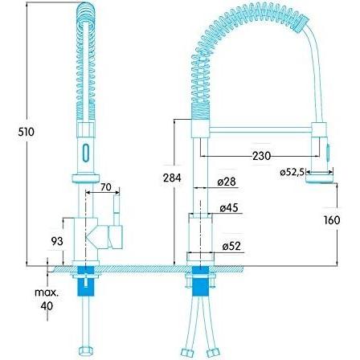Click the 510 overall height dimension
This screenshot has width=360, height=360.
pos(27,132)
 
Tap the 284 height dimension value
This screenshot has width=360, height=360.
pos(172,178)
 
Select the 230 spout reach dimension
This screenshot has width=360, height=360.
pos(261,156)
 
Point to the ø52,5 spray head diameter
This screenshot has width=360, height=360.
pos(292,172)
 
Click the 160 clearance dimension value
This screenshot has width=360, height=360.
pos(332,220)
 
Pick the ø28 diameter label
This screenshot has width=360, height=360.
pos(227,182)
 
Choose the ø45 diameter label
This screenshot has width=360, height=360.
pos(229,207)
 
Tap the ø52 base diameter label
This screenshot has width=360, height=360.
pos(231,246)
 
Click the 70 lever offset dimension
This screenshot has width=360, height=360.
pos(106,186)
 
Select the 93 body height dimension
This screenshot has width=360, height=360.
pos(57,241)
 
